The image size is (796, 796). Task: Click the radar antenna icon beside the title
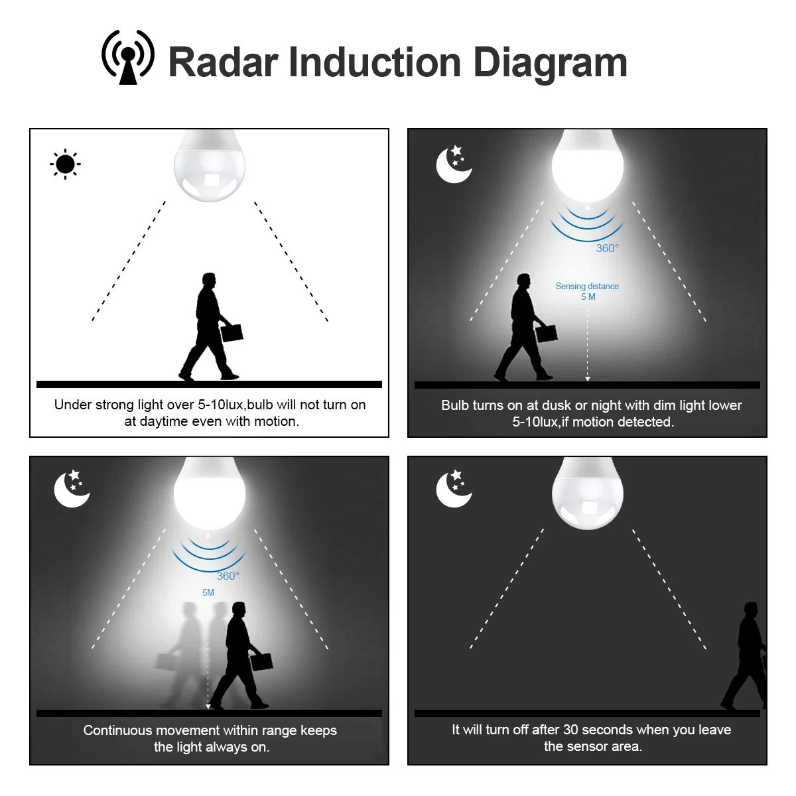pos(127,58)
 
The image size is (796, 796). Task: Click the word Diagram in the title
pos(550,63)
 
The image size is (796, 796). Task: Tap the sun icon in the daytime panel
pos(65,164)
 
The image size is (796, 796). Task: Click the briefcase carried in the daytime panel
pos(232,331)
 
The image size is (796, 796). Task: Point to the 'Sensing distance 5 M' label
pos(587,291)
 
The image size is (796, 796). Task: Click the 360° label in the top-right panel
pos(607,248)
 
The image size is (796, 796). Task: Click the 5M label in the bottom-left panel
pos(208,592)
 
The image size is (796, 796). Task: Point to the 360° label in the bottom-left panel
pos(228,576)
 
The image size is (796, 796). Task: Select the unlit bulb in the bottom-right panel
pos(588,494)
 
